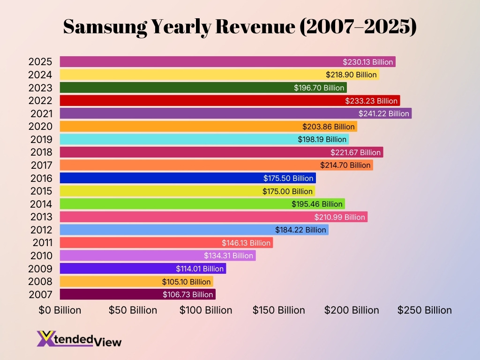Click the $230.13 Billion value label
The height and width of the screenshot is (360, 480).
(x=368, y=62)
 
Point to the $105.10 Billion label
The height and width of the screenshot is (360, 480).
(x=186, y=282)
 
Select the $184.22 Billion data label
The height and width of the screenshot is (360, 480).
(x=301, y=230)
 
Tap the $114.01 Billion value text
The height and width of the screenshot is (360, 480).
(x=200, y=269)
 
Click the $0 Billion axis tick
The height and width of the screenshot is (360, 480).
(x=60, y=310)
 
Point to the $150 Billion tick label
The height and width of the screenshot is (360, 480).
(x=279, y=310)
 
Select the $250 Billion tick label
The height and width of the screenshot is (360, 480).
(x=425, y=310)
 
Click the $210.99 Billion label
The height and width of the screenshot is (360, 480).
(x=340, y=217)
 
